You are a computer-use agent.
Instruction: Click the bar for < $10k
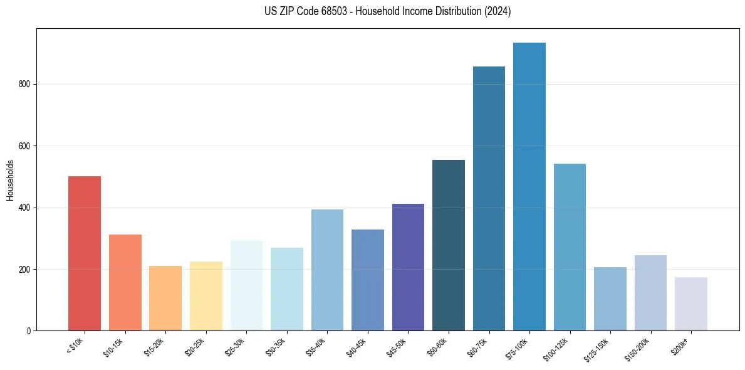(x=84, y=253)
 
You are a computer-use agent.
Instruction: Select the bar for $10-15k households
(x=125, y=282)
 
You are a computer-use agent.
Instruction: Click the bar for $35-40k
(x=327, y=270)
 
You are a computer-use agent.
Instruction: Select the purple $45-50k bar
(x=408, y=267)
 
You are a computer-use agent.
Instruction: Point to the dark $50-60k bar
(x=449, y=245)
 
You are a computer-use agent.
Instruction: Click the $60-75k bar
(x=489, y=198)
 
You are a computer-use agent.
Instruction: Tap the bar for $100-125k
(x=570, y=247)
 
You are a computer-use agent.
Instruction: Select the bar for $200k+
(x=691, y=304)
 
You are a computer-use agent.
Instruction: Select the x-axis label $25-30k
(x=237, y=346)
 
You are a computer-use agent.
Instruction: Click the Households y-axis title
(x=10, y=179)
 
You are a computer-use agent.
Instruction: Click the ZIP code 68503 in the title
(x=326, y=11)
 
